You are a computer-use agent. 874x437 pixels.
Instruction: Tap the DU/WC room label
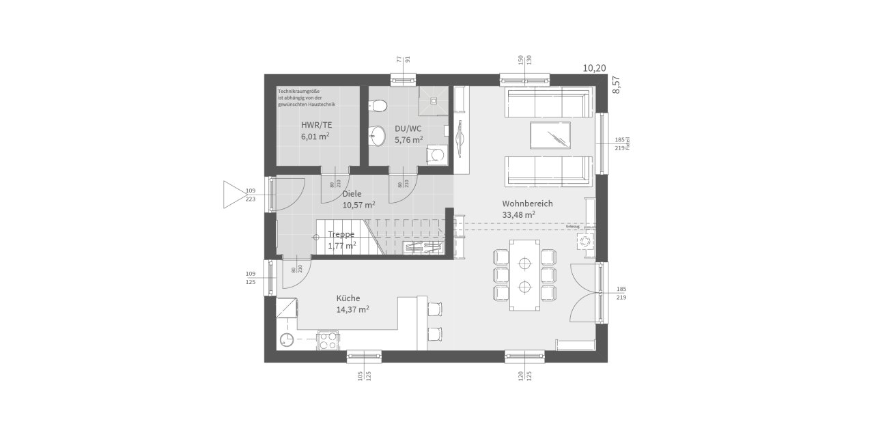pyautogui.click(x=408, y=128)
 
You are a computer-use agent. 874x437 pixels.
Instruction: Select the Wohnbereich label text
pyautogui.click(x=527, y=203)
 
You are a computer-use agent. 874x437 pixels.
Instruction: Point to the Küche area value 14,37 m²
pyautogui.click(x=352, y=309)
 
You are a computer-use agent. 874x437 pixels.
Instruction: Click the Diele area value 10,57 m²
pyautogui.click(x=358, y=205)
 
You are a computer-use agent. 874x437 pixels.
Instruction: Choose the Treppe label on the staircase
pyautogui.click(x=341, y=234)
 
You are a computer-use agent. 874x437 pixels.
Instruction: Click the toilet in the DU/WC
pyautogui.click(x=377, y=105)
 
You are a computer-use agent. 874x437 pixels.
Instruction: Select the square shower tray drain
pyautogui.click(x=432, y=100)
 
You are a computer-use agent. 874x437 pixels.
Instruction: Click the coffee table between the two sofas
pyautogui.click(x=550, y=135)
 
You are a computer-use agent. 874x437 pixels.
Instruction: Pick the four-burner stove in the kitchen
pyautogui.click(x=328, y=339)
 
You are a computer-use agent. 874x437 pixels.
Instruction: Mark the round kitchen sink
pyautogui.click(x=287, y=339)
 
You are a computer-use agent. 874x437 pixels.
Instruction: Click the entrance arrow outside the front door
pyautogui.click(x=234, y=194)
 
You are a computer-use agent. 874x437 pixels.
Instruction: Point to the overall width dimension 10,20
pyautogui.click(x=593, y=68)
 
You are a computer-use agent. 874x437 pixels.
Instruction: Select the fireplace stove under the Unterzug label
pyautogui.click(x=585, y=241)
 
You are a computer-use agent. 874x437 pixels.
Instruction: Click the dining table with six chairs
pyautogui.click(x=524, y=274)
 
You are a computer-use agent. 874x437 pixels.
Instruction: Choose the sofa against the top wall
pyautogui.click(x=546, y=102)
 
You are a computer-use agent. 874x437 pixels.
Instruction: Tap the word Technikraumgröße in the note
pyautogui.click(x=298, y=91)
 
